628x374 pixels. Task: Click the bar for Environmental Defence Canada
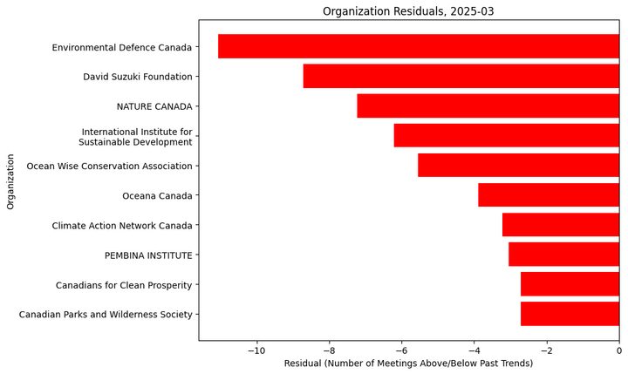point(419,46)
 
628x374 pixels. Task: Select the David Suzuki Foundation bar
point(461,76)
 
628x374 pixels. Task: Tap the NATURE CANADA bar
point(488,105)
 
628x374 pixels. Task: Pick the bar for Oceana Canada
point(548,195)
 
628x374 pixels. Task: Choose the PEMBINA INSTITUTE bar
point(563,255)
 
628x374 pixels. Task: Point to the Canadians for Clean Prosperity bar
point(570,284)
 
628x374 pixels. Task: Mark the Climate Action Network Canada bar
point(560,225)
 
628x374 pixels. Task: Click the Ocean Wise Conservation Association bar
point(518,166)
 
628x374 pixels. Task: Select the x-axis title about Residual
point(408,364)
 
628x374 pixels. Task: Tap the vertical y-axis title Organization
point(11,181)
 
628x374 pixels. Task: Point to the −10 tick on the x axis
point(256,350)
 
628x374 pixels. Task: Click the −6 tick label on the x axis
point(401,350)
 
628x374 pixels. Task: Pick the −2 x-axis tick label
point(546,350)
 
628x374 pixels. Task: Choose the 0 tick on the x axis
point(618,350)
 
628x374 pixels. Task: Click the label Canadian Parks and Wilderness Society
point(106,315)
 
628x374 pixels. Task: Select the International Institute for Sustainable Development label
point(135,137)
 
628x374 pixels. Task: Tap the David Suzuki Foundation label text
point(138,77)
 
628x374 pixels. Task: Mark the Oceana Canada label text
point(157,196)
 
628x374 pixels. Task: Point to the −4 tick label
point(474,350)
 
